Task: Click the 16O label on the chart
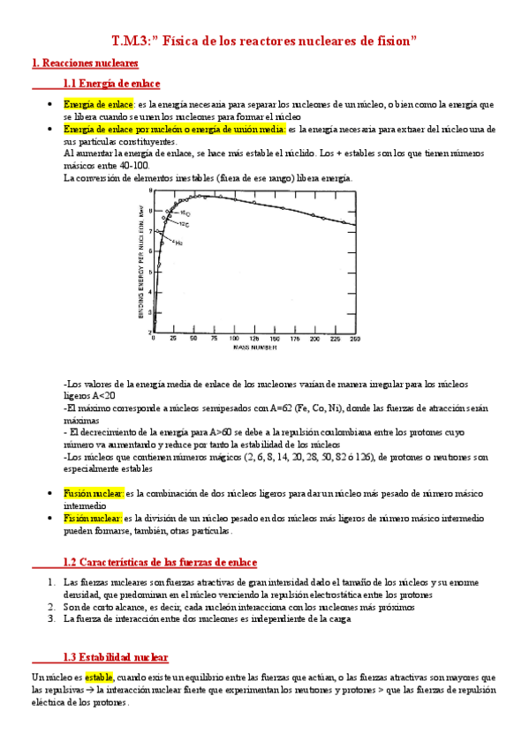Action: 186,213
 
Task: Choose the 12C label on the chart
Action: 184,224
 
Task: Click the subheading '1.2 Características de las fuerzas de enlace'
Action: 160,562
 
